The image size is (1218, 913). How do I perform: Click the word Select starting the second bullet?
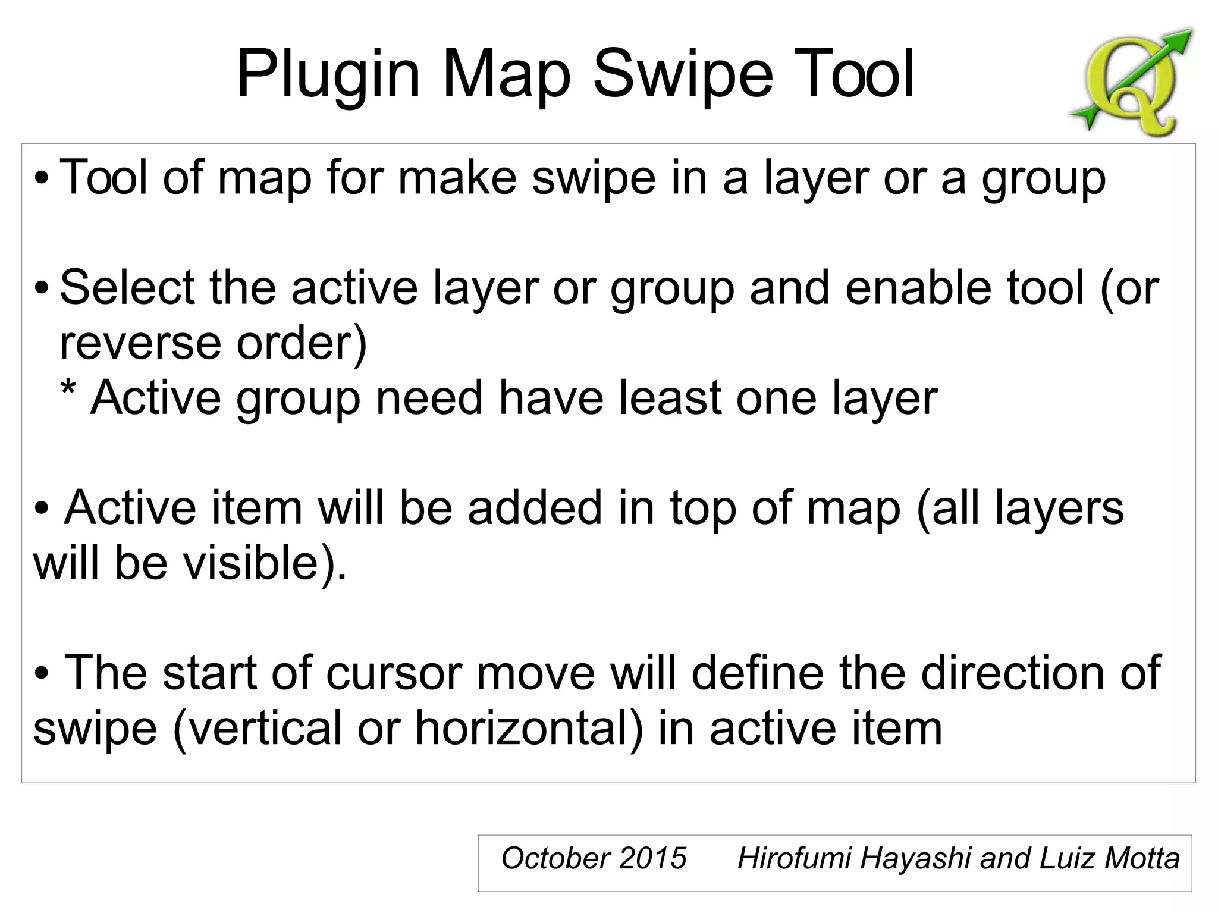127,288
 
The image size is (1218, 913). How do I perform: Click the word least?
668,398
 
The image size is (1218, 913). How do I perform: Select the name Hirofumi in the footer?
793,858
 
